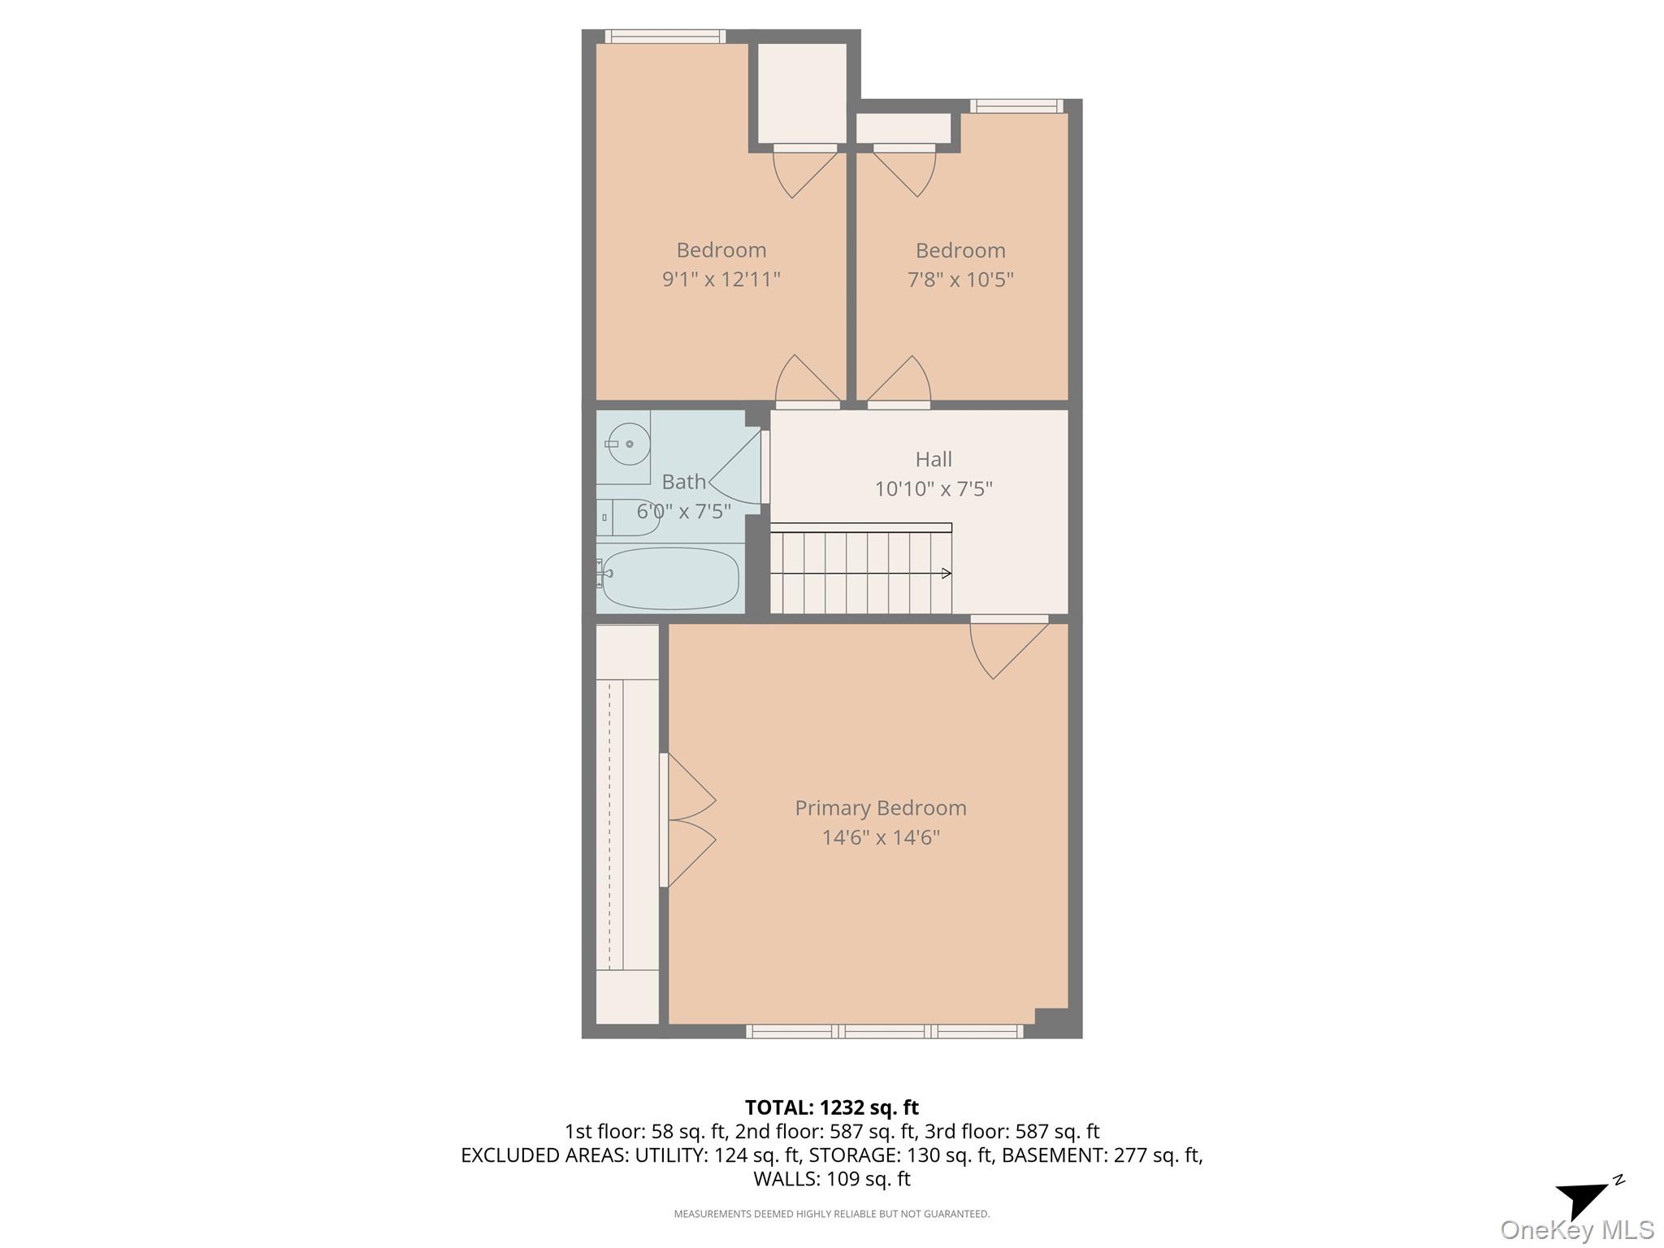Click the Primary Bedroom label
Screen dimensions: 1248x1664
pyautogui.click(x=880, y=808)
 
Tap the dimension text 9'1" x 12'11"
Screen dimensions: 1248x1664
pyautogui.click(x=721, y=279)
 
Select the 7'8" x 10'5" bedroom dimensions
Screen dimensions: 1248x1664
pyautogui.click(x=960, y=279)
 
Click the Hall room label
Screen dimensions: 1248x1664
pyautogui.click(x=933, y=459)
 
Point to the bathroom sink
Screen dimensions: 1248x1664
pyautogui.click(x=628, y=444)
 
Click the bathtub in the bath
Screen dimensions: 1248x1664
pyautogui.click(x=670, y=578)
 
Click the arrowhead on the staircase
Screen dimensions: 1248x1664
pyautogui.click(x=946, y=574)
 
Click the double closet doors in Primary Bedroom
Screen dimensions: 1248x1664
pyautogui.click(x=689, y=821)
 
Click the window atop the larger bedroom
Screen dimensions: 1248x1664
pyautogui.click(x=665, y=37)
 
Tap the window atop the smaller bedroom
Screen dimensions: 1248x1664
pyautogui.click(x=1016, y=106)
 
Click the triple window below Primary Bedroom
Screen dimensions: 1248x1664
pyautogui.click(x=884, y=1032)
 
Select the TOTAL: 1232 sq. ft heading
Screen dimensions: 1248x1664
pyautogui.click(x=831, y=1107)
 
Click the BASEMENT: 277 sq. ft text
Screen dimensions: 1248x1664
pyautogui.click(x=1102, y=1155)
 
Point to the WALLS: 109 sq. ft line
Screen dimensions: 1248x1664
pyautogui.click(x=831, y=1178)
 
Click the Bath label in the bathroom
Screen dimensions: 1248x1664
pyautogui.click(x=683, y=482)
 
